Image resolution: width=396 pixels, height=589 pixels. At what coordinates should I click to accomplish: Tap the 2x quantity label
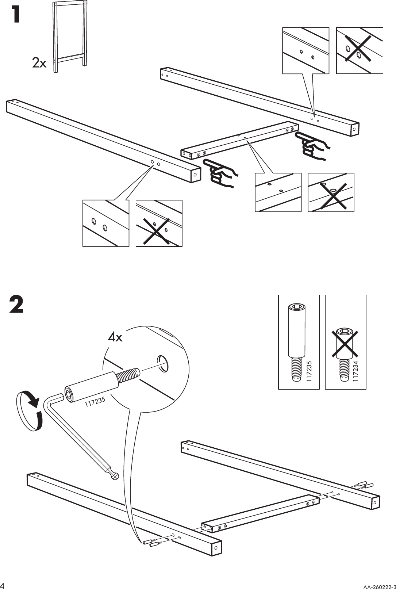point(39,63)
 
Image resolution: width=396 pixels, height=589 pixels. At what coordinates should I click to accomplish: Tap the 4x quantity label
point(115,337)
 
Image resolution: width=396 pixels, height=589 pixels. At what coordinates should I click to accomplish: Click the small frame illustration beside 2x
point(70,37)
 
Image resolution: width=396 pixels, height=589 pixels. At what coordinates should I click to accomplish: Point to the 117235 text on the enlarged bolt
point(95,401)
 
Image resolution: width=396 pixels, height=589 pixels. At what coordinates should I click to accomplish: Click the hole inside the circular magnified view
point(163,363)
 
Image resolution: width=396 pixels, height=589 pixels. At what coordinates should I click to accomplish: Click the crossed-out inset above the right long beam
point(360,50)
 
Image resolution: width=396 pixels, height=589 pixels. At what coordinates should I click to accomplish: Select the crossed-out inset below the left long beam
point(159,223)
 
